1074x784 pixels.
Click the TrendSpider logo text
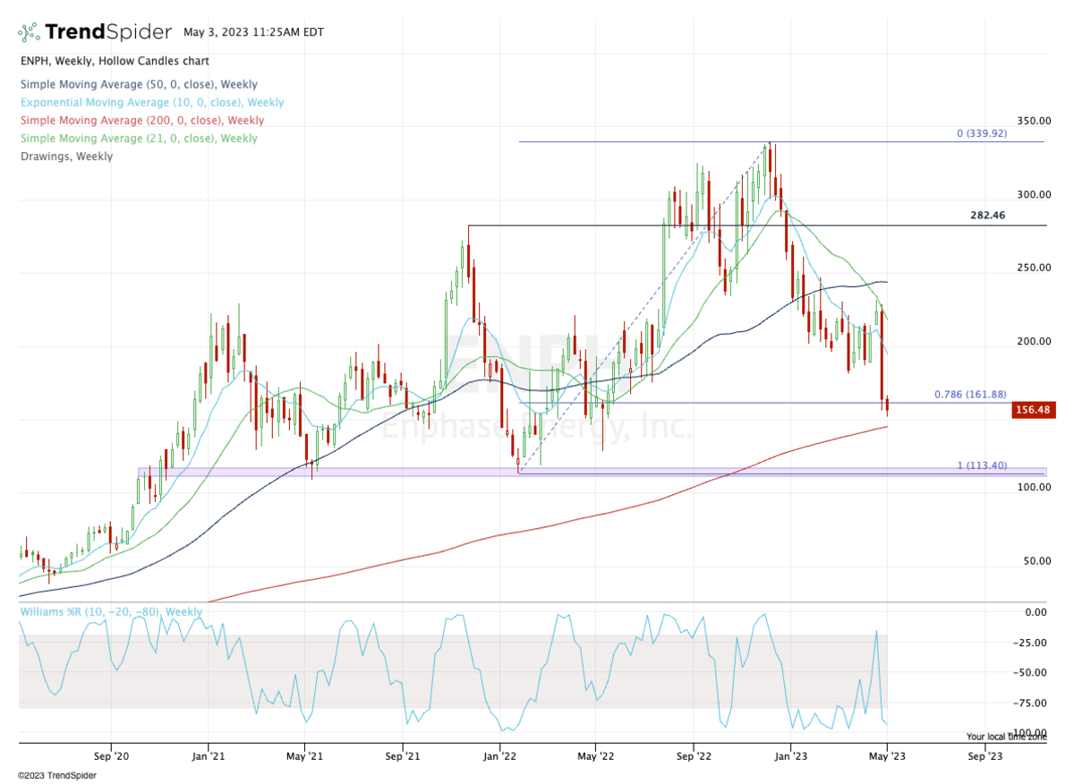107,32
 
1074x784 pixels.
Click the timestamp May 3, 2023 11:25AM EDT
253,32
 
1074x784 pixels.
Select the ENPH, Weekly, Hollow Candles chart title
114,61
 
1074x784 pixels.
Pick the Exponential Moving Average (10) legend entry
151,103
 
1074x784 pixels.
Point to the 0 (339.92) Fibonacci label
989,133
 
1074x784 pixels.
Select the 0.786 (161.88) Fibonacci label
976,394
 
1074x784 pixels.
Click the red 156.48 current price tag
1029,409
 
